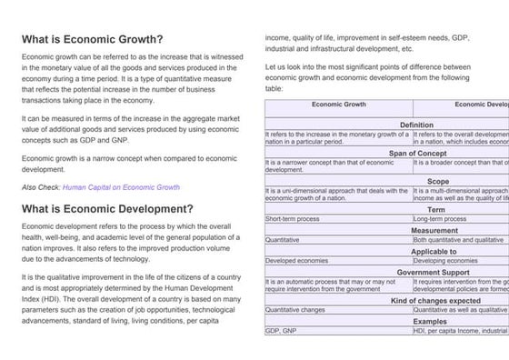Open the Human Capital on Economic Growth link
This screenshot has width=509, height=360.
coord(121,187)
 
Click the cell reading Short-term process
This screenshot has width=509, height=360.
coord(293,219)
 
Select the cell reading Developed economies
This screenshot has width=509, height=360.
coord(297,261)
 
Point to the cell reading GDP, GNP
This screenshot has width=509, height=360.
coord(281,332)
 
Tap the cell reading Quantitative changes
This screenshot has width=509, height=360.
coord(297,310)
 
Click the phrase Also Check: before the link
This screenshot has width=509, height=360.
coord(41,187)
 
